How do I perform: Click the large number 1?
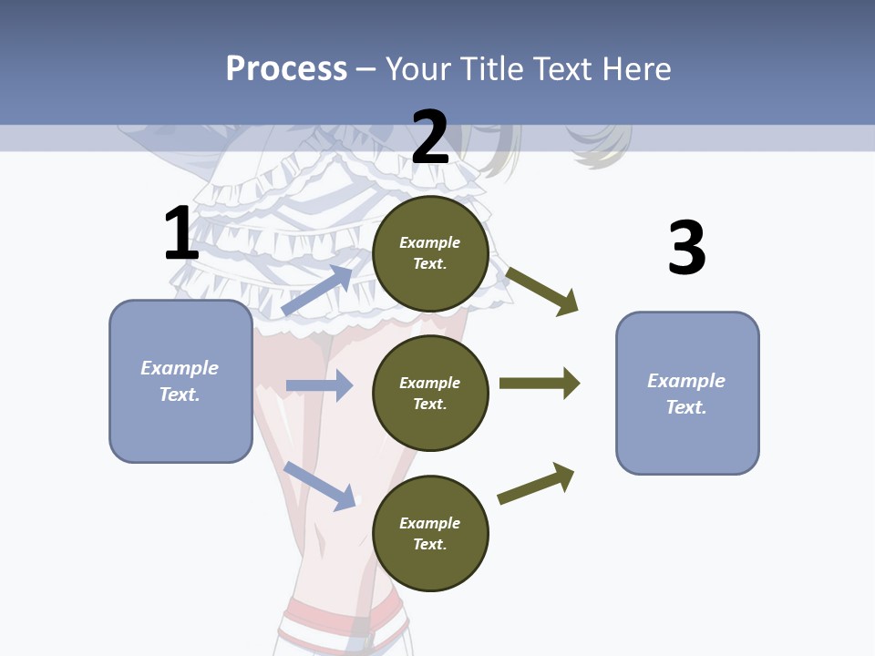coord(181,233)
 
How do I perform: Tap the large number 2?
coord(430,138)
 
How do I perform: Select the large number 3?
coord(686,247)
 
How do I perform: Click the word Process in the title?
coord(286,68)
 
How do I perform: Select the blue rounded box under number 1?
coord(180,381)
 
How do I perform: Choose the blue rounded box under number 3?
coord(687,394)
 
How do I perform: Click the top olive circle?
coord(430,253)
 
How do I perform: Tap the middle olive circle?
coord(430,394)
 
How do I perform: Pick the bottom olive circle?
coord(430,534)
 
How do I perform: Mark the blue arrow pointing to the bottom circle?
coord(320,486)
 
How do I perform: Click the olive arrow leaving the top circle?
coord(542,291)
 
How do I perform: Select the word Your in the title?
coord(417,68)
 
